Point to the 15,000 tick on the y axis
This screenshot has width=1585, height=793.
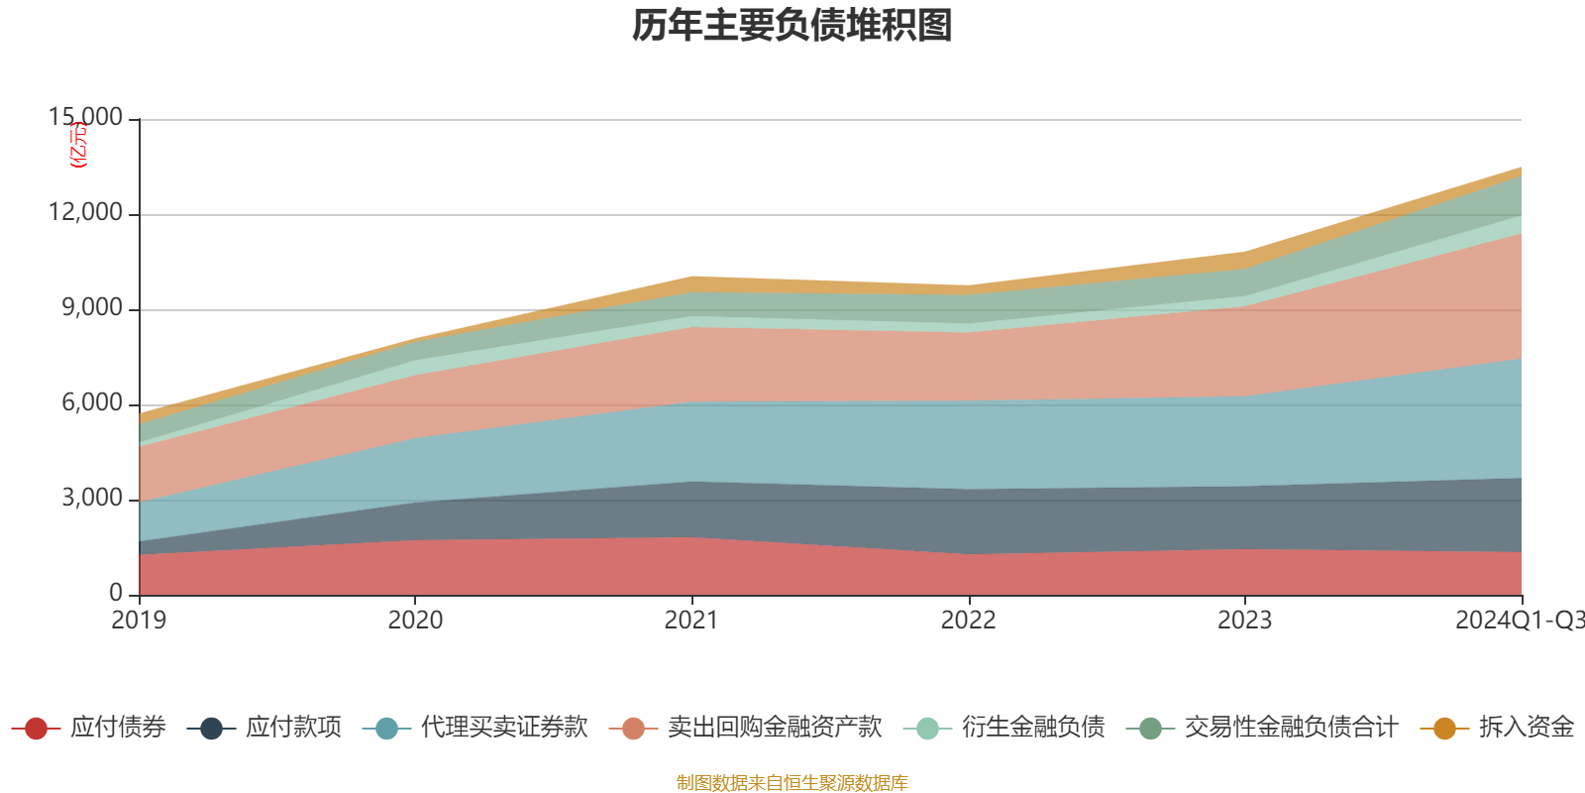point(86,118)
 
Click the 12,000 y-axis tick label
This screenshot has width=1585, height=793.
point(86,213)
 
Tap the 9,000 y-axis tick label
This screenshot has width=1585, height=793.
point(92,308)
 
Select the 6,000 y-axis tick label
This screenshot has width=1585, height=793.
point(92,403)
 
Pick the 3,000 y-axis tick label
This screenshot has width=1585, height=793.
point(92,499)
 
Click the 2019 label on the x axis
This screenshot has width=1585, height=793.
point(139,621)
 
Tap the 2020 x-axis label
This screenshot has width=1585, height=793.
point(415,621)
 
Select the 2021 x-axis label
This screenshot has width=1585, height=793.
point(691,621)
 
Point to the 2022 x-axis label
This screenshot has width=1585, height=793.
point(968,621)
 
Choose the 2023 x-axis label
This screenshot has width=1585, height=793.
point(1244,621)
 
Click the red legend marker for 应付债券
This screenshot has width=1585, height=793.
point(37,729)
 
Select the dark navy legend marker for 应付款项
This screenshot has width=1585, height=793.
point(211,729)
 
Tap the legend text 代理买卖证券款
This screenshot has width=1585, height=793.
point(504,728)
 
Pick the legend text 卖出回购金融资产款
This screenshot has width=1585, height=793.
point(775,728)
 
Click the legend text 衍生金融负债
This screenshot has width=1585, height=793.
point(1033,728)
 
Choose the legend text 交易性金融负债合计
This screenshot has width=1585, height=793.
point(1291,728)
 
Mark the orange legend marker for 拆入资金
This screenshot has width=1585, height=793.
point(1444,729)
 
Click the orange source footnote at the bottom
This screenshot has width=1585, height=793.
point(792,783)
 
